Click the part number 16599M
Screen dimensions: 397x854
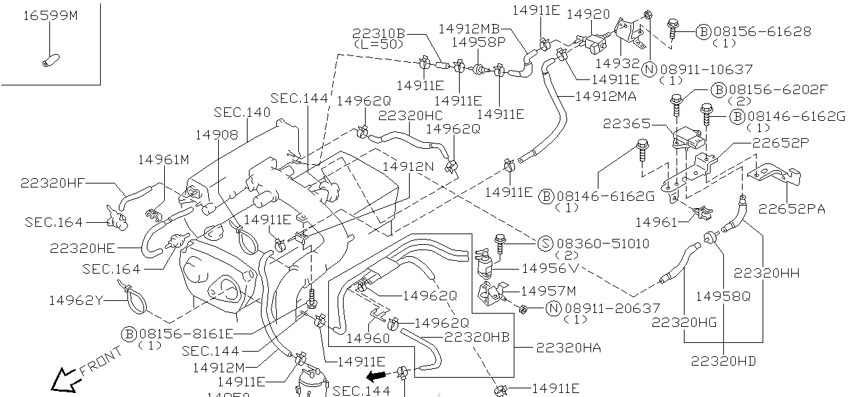(x=51, y=15)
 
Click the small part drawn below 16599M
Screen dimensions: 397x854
(x=47, y=61)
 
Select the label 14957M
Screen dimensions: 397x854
(x=548, y=291)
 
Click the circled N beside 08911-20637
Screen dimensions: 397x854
(x=553, y=308)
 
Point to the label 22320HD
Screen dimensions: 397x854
(x=723, y=361)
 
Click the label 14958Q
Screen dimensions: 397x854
(x=723, y=295)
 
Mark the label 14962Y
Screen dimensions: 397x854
(x=75, y=300)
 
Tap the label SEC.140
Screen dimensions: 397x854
(x=242, y=112)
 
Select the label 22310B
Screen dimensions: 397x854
(x=378, y=34)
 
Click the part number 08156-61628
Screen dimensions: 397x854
(x=762, y=31)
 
